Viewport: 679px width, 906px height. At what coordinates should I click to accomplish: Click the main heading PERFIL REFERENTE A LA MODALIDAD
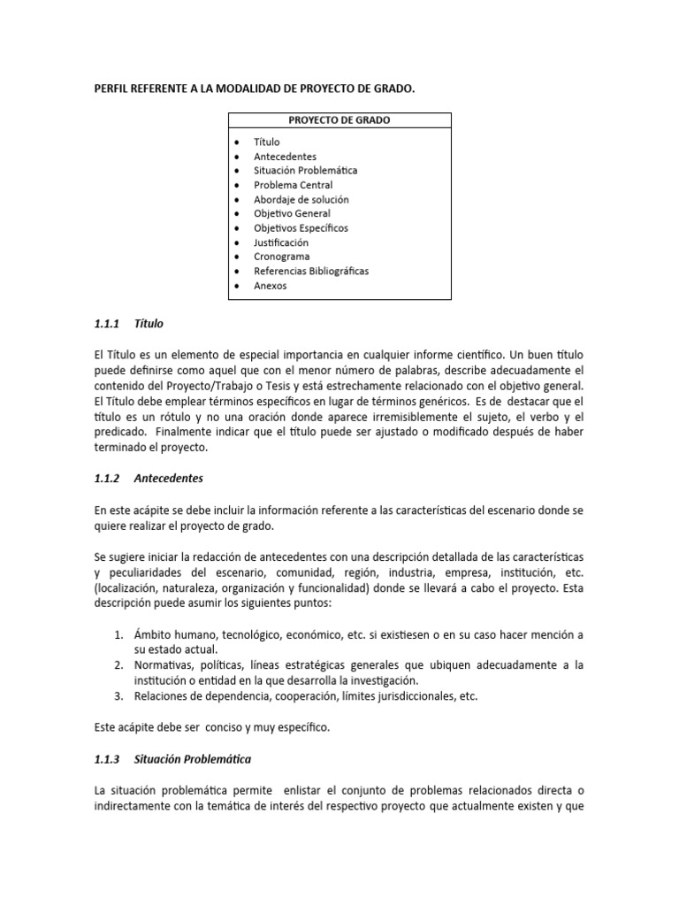254,89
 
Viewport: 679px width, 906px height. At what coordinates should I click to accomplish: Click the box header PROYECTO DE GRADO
340,120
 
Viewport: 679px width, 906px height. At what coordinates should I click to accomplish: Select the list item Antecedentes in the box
285,157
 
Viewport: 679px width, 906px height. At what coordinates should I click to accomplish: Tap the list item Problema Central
293,185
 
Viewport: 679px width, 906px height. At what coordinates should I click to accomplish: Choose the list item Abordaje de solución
301,199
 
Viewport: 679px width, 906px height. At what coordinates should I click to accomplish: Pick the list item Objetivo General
292,213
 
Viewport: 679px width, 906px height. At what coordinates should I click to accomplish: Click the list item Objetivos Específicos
301,227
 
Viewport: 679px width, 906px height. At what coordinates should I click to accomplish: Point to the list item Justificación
281,242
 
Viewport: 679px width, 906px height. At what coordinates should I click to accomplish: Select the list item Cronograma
281,257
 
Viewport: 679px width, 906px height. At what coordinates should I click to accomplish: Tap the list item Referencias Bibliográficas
311,271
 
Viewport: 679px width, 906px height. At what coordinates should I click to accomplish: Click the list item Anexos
270,286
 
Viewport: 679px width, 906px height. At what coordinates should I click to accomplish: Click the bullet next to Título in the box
238,142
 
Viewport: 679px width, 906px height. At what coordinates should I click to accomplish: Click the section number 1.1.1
108,324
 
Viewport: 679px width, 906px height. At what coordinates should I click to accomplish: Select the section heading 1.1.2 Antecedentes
149,478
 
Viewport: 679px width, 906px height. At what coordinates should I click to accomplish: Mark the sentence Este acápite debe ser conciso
211,726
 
